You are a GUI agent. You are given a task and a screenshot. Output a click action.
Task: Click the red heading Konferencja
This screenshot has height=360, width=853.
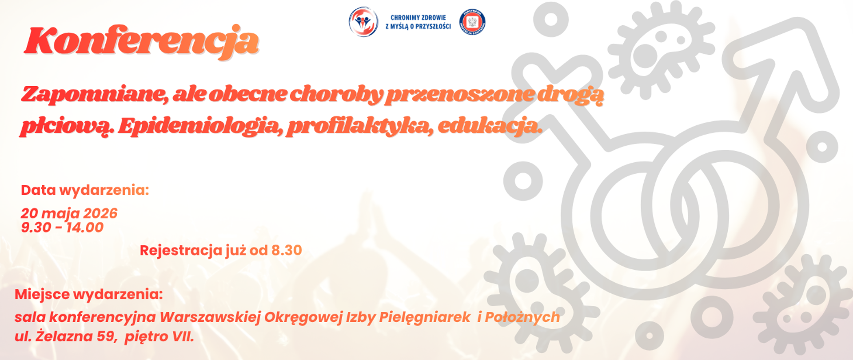pos(141,41)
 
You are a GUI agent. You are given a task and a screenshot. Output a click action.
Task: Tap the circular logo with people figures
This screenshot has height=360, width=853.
pos(363,22)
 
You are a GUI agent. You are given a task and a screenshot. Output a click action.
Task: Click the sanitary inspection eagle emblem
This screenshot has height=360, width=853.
pos(472,22)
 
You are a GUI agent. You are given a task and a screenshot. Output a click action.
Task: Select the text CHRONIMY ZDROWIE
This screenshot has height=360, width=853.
pos(418,18)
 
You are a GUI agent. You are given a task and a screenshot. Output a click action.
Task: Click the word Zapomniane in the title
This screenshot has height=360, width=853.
pos(94,94)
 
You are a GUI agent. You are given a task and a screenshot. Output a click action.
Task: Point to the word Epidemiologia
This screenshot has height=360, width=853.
pos(200,126)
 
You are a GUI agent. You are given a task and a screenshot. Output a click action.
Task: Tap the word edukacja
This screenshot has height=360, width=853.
pos(490,126)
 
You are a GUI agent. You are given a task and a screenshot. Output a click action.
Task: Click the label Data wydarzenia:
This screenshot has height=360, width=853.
pos(85,190)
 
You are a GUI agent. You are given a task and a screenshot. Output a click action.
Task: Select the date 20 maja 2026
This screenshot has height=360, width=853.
pos(69,213)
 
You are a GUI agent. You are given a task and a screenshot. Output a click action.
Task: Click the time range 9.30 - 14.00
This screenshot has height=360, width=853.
pos(62,228)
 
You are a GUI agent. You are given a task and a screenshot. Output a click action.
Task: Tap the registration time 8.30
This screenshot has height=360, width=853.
pos(287,250)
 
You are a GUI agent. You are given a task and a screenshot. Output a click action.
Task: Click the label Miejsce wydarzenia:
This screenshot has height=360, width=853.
pos(89,294)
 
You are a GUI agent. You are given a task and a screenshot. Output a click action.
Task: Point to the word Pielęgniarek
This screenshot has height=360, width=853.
pos(424,317)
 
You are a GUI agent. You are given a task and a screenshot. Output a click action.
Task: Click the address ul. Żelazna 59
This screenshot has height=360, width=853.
pos(65,336)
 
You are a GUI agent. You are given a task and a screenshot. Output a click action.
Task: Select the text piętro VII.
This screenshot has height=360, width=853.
pos(159,336)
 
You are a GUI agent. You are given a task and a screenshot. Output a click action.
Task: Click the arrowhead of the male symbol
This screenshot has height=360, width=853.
pos(782,49)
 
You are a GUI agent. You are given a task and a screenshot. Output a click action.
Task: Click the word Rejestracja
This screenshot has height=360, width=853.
pos(181,250)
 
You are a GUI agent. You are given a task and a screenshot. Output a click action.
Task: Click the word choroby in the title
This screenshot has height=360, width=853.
pos(336,94)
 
